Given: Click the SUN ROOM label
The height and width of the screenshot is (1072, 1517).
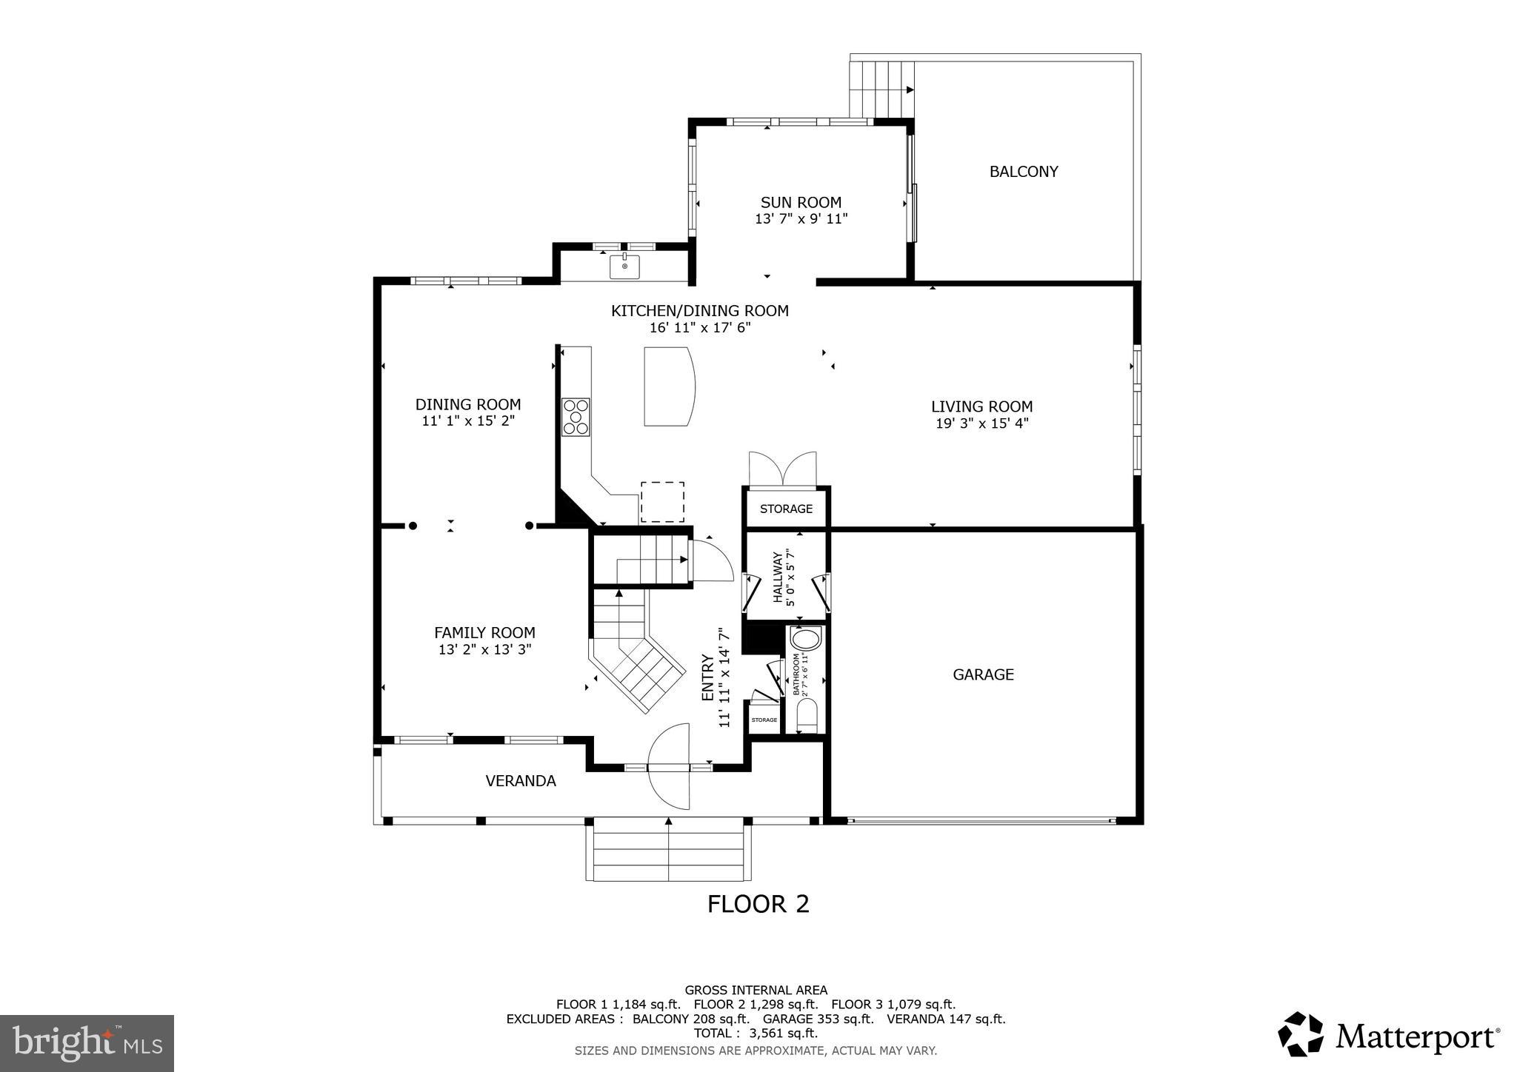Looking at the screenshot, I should (801, 202).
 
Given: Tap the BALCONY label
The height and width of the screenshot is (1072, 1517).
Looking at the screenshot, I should (1024, 172).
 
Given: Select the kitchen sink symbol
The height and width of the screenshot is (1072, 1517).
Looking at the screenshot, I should (624, 266).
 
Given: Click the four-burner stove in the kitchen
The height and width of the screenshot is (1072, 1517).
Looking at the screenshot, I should (576, 417).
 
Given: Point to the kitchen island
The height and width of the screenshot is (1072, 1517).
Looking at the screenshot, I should (669, 386).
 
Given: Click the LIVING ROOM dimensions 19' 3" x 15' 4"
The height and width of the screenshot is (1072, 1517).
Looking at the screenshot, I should (981, 423).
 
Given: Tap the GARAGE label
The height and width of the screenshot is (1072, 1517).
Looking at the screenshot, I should (983, 674).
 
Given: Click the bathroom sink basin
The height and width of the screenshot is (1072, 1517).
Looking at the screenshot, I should (805, 638).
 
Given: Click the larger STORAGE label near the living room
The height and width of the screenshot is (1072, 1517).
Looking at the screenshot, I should (786, 509).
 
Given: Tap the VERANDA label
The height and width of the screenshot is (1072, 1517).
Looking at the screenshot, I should (521, 780).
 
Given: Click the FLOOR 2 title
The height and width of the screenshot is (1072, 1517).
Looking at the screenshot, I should (758, 904).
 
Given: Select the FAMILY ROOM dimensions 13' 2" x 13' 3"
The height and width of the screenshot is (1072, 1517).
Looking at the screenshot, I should (484, 650).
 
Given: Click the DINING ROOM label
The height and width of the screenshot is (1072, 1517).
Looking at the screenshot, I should (467, 404).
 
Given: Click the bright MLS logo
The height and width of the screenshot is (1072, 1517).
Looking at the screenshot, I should (87, 1043).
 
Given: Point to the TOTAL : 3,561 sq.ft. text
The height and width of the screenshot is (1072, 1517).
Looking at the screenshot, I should (756, 1033).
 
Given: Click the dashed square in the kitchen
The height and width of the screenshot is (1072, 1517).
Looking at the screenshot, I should (662, 502).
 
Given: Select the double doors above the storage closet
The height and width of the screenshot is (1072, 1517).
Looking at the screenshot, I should (782, 469).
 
